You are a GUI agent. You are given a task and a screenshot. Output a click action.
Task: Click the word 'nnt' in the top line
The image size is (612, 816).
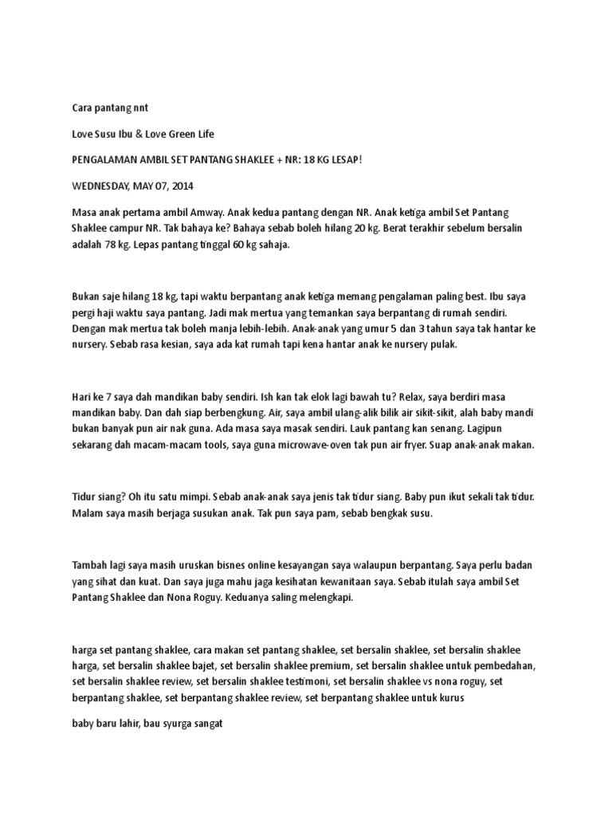pos(140,106)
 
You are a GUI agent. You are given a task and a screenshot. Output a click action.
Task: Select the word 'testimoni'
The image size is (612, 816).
pos(308,681)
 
